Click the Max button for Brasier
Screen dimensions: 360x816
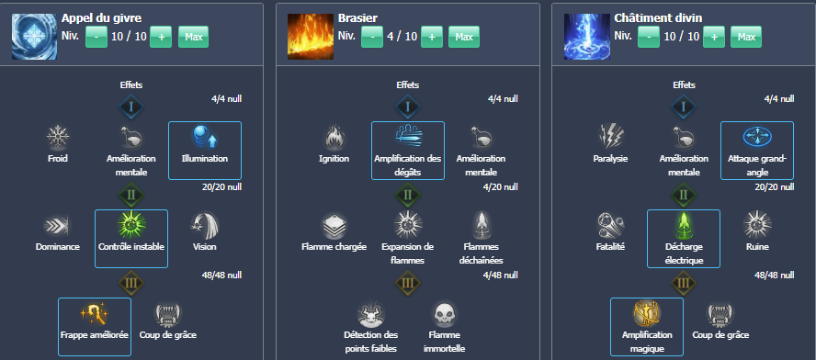coord(464,37)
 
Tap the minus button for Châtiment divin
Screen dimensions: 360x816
coord(648,37)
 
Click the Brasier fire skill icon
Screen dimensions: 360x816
coord(310,37)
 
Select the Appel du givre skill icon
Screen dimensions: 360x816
coord(34,37)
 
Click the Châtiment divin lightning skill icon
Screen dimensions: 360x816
coord(585,37)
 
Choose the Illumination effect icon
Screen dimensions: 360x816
coord(204,138)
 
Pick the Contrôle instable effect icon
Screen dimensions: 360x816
coord(131,226)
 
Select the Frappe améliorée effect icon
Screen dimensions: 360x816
coord(95,314)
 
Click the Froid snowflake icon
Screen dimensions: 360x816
coord(59,138)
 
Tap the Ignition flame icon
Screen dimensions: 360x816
coord(334,138)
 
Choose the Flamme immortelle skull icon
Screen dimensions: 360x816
coord(444,314)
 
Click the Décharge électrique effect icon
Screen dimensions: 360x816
coord(683,226)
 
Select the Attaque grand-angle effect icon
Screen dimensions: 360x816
coord(756,138)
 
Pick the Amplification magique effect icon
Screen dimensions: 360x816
coord(646,314)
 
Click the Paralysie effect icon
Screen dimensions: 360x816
coord(610,138)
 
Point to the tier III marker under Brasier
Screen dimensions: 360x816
coord(407,283)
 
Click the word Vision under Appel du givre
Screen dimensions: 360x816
coord(205,247)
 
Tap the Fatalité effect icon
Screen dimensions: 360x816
coord(610,226)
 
